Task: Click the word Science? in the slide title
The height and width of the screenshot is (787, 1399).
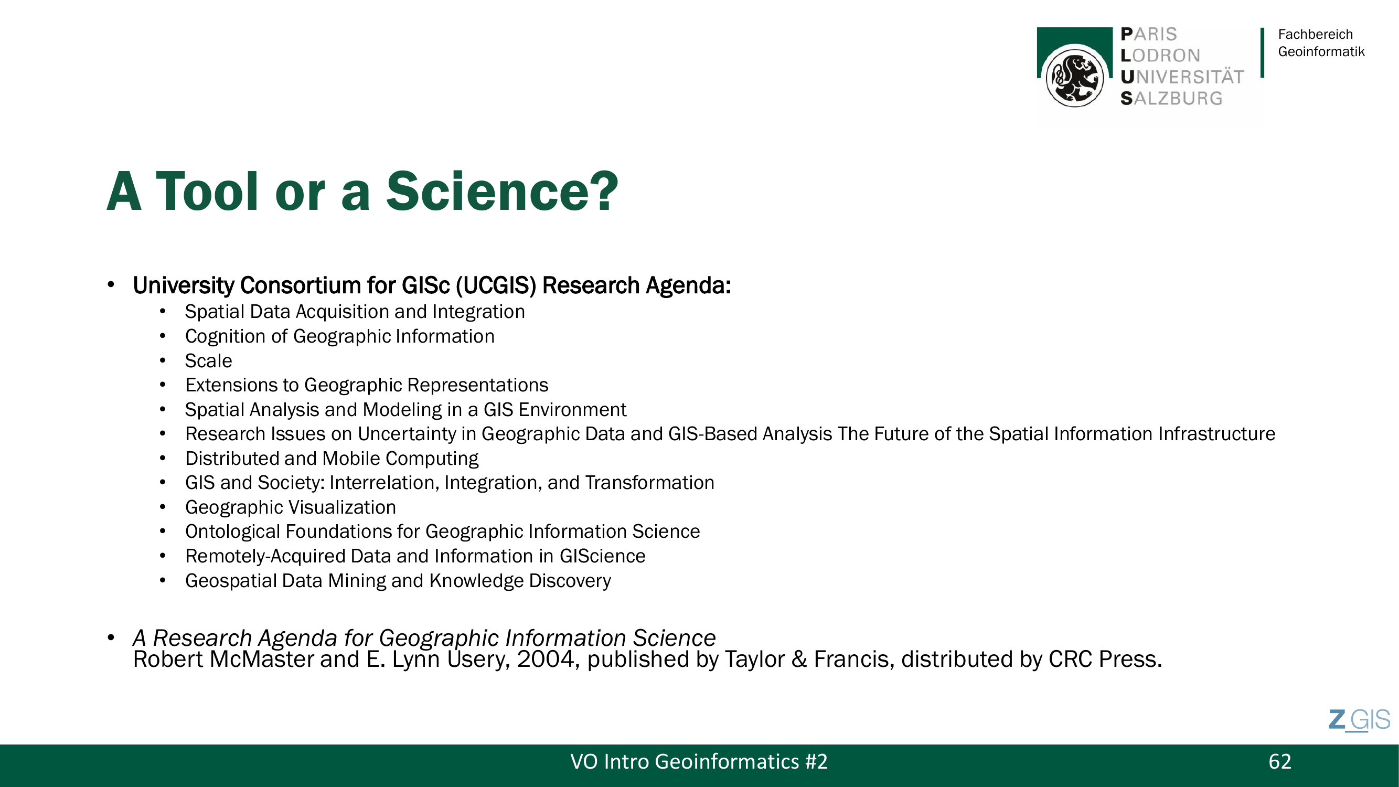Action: pyautogui.click(x=502, y=191)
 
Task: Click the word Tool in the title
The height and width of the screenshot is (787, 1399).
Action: pyautogui.click(x=207, y=191)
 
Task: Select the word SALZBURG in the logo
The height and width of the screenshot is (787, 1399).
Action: pyautogui.click(x=1171, y=98)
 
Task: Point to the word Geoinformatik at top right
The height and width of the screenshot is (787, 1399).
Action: pyautogui.click(x=1321, y=51)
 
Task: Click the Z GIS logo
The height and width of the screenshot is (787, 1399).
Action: pyautogui.click(x=1359, y=720)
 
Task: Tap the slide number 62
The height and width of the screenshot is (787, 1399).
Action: pyautogui.click(x=1279, y=761)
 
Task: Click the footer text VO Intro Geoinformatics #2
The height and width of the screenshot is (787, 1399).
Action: pyautogui.click(x=699, y=761)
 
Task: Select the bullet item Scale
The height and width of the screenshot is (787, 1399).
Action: pyautogui.click(x=209, y=360)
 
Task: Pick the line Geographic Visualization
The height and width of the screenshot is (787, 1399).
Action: pyautogui.click(x=291, y=507)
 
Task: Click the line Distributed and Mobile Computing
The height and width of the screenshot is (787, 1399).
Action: pyautogui.click(x=332, y=459)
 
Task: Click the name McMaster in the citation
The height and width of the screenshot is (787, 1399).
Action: pyautogui.click(x=261, y=660)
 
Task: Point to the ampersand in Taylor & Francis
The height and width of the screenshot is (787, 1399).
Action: pyautogui.click(x=799, y=660)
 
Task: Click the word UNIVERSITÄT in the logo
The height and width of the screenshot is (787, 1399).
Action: pyautogui.click(x=1182, y=77)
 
